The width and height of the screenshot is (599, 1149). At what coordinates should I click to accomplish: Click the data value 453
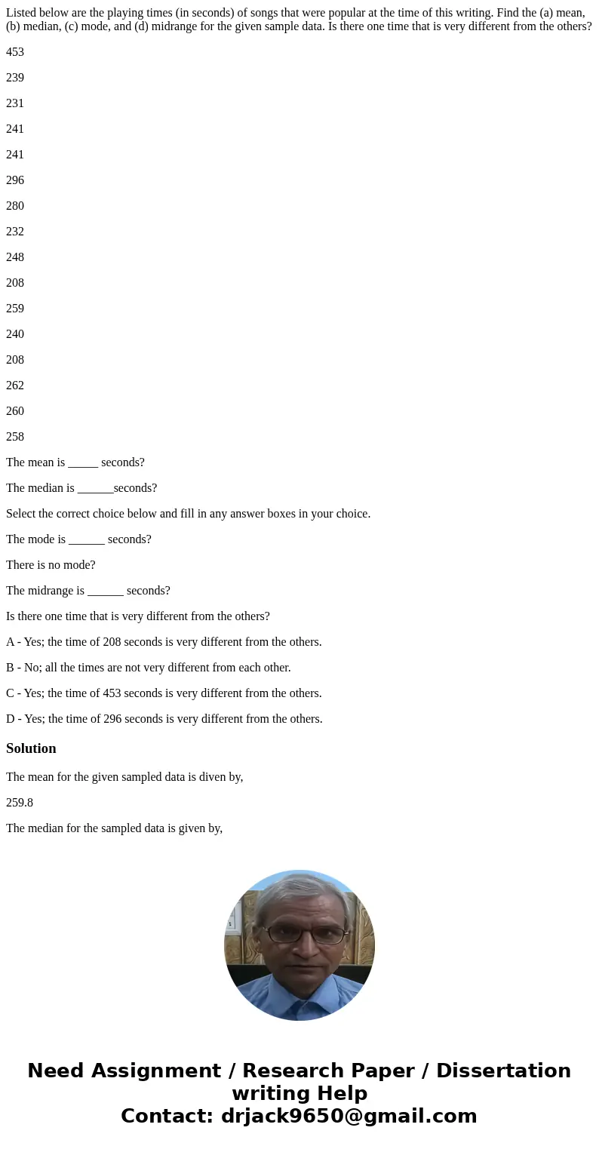15,52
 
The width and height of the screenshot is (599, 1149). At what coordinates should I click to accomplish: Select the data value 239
15,78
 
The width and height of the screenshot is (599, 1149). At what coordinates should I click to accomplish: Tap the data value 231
15,103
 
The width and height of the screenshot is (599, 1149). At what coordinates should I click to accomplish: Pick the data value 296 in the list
15,180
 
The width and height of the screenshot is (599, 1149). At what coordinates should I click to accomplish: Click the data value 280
15,206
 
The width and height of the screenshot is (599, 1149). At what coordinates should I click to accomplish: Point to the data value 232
15,232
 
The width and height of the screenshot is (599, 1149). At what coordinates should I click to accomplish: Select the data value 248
15,257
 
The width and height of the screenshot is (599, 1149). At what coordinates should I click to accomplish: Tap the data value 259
15,309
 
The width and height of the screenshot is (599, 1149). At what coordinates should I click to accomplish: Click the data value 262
15,386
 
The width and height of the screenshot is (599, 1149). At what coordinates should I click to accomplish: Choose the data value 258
15,437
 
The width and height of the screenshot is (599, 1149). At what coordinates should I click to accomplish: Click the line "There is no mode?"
51,565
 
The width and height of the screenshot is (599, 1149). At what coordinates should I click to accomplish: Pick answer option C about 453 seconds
164,693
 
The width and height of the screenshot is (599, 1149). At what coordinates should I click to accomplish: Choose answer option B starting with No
149,668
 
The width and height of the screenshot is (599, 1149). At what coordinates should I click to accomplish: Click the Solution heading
31,748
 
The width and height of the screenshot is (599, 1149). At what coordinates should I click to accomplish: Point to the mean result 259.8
20,803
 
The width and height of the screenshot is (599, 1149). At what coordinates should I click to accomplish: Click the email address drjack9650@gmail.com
349,1116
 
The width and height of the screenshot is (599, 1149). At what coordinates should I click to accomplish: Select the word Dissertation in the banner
503,1071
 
